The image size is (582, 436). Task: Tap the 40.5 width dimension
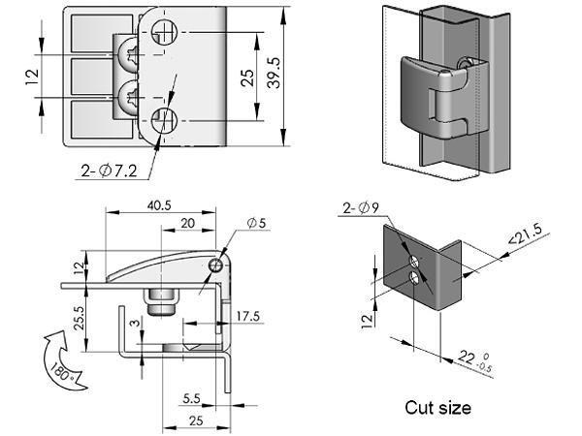click(160, 205)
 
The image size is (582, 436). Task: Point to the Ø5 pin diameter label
click(257, 224)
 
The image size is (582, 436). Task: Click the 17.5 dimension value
click(248, 316)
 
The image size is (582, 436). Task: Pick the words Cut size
click(437, 408)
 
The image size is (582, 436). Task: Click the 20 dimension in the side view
click(187, 224)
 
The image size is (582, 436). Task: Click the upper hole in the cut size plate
click(414, 262)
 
